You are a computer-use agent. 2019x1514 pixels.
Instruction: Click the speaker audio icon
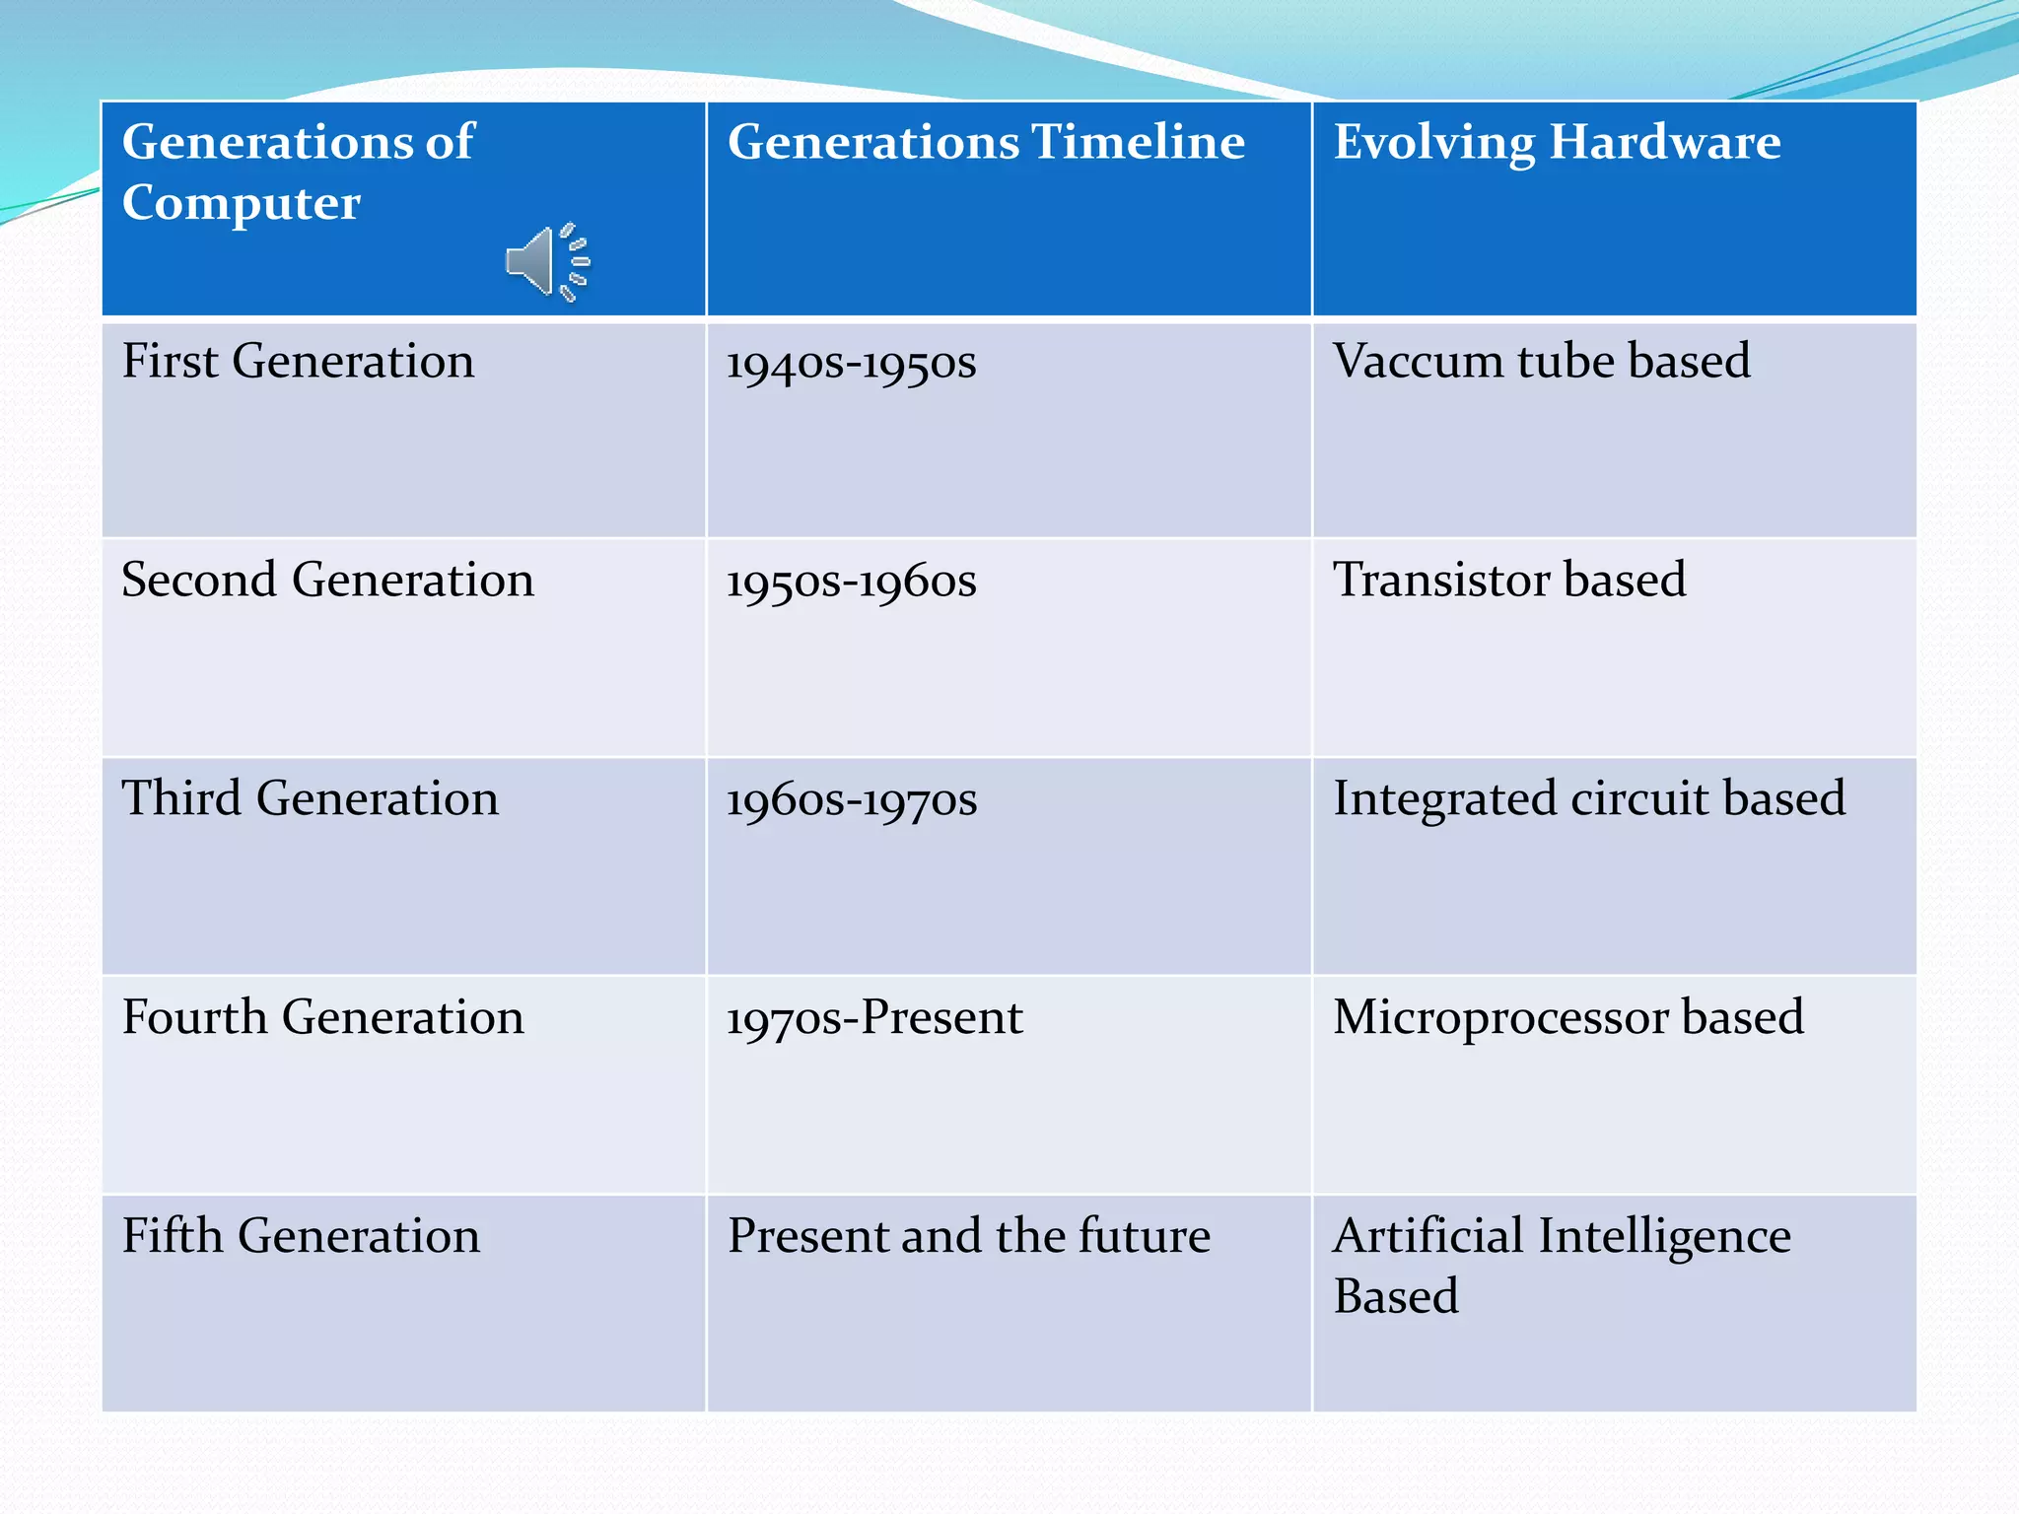(x=546, y=261)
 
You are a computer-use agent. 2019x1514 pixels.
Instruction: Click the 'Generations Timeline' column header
(x=986, y=142)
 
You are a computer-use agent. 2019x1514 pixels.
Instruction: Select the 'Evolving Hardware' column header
(x=1557, y=142)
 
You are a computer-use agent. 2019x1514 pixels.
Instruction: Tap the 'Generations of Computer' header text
(x=297, y=172)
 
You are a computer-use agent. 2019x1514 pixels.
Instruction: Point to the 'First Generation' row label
(x=298, y=361)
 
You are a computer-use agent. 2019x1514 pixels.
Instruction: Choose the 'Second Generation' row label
(x=327, y=580)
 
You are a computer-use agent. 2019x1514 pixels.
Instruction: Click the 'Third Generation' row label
(x=310, y=798)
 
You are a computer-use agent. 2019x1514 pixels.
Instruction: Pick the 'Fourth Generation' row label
(x=322, y=1017)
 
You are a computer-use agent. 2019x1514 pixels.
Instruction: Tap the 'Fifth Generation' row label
(x=301, y=1236)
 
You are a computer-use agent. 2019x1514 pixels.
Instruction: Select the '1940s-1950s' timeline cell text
(x=851, y=363)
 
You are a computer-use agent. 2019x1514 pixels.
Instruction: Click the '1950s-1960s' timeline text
(x=851, y=582)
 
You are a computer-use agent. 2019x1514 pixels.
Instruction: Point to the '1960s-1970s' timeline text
(x=851, y=800)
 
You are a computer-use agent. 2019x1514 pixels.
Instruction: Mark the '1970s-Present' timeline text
(x=874, y=1018)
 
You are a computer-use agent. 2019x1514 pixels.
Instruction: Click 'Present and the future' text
(x=968, y=1236)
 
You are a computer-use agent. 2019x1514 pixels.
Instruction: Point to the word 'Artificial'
(x=1426, y=1236)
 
